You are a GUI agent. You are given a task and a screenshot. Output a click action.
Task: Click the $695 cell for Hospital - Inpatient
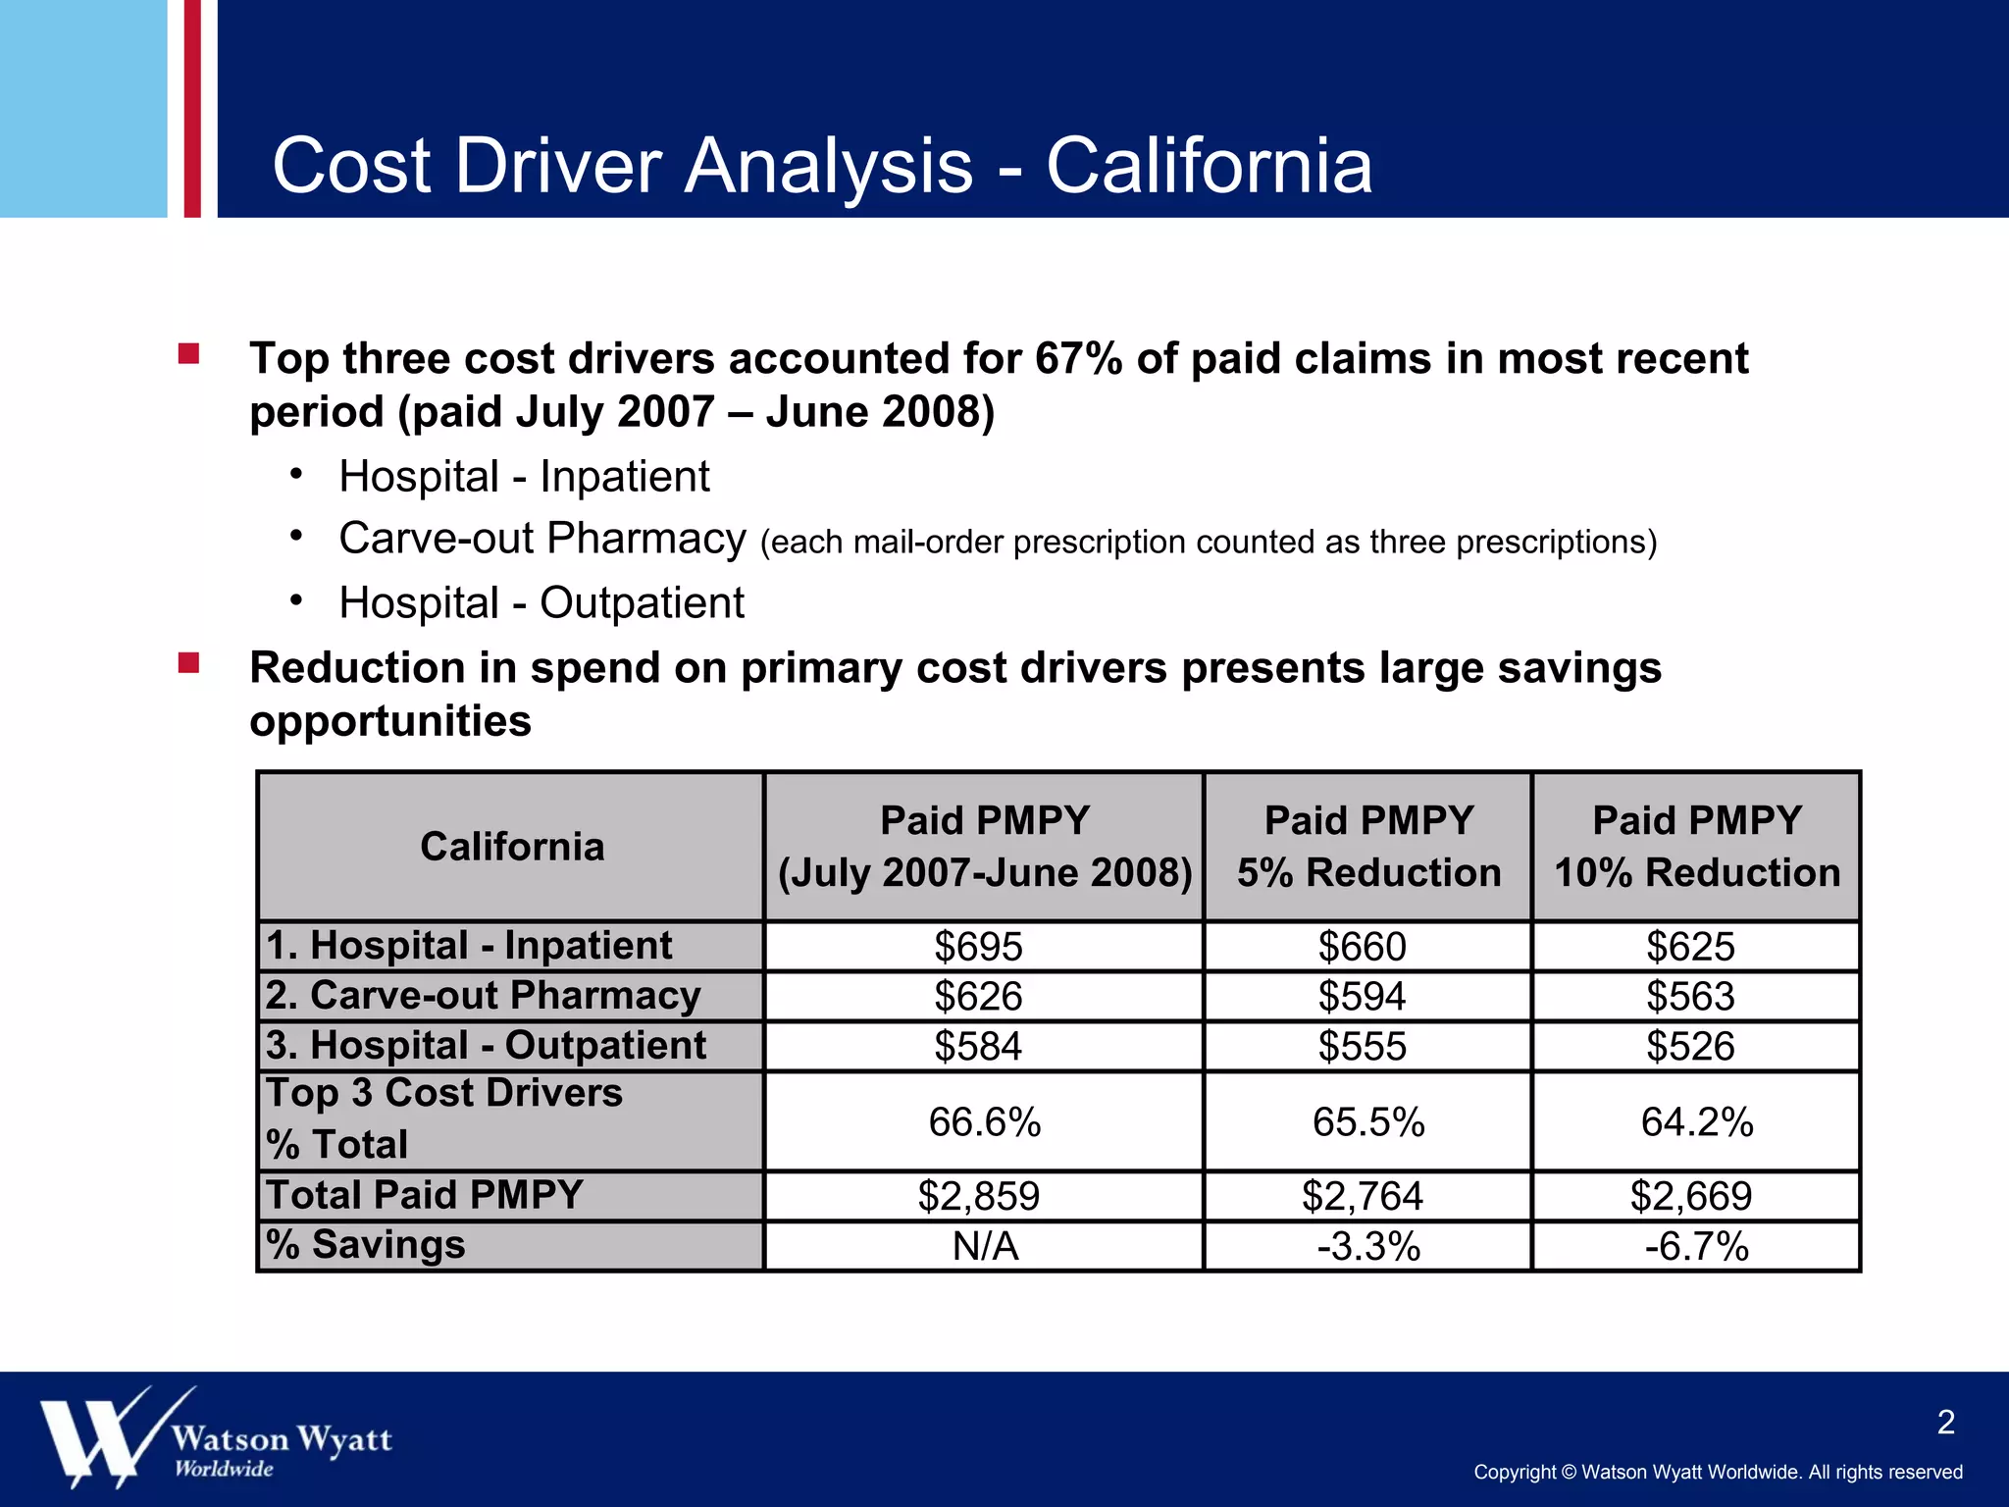[978, 947]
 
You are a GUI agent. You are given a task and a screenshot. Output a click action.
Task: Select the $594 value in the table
[1362, 997]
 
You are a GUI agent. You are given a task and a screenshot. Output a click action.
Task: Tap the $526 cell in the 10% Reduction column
[1690, 1047]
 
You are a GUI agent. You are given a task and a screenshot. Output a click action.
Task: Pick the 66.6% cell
[984, 1121]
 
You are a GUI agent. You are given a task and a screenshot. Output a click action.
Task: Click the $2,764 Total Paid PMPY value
[1362, 1196]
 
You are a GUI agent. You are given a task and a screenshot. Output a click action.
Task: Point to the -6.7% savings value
[1696, 1247]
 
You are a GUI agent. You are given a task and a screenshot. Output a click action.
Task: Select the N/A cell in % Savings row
[985, 1247]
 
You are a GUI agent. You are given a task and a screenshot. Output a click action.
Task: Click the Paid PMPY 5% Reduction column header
[1368, 847]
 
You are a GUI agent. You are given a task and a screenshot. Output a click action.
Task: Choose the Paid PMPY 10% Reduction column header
[1697, 847]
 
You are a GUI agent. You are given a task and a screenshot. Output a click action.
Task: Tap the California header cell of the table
[512, 847]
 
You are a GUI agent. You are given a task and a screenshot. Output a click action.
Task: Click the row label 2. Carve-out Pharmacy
[483, 996]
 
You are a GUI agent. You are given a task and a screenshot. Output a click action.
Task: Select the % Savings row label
[366, 1245]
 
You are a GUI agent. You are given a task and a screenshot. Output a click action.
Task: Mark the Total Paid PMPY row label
[425, 1195]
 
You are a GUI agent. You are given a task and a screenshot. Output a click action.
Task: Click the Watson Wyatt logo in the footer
[216, 1437]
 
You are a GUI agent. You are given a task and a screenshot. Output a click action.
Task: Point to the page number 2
[1946, 1423]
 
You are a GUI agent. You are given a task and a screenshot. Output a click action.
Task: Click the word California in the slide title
[1209, 166]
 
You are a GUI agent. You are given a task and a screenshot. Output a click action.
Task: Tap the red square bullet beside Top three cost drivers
[189, 354]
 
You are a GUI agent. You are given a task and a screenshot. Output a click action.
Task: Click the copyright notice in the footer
[1718, 1472]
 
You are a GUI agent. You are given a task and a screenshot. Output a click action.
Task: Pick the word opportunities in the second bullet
[390, 721]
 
